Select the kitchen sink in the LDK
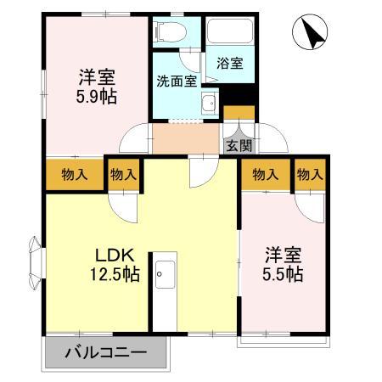click(x=164, y=274)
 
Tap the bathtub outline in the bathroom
click(x=228, y=34)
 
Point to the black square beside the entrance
click(x=239, y=112)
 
